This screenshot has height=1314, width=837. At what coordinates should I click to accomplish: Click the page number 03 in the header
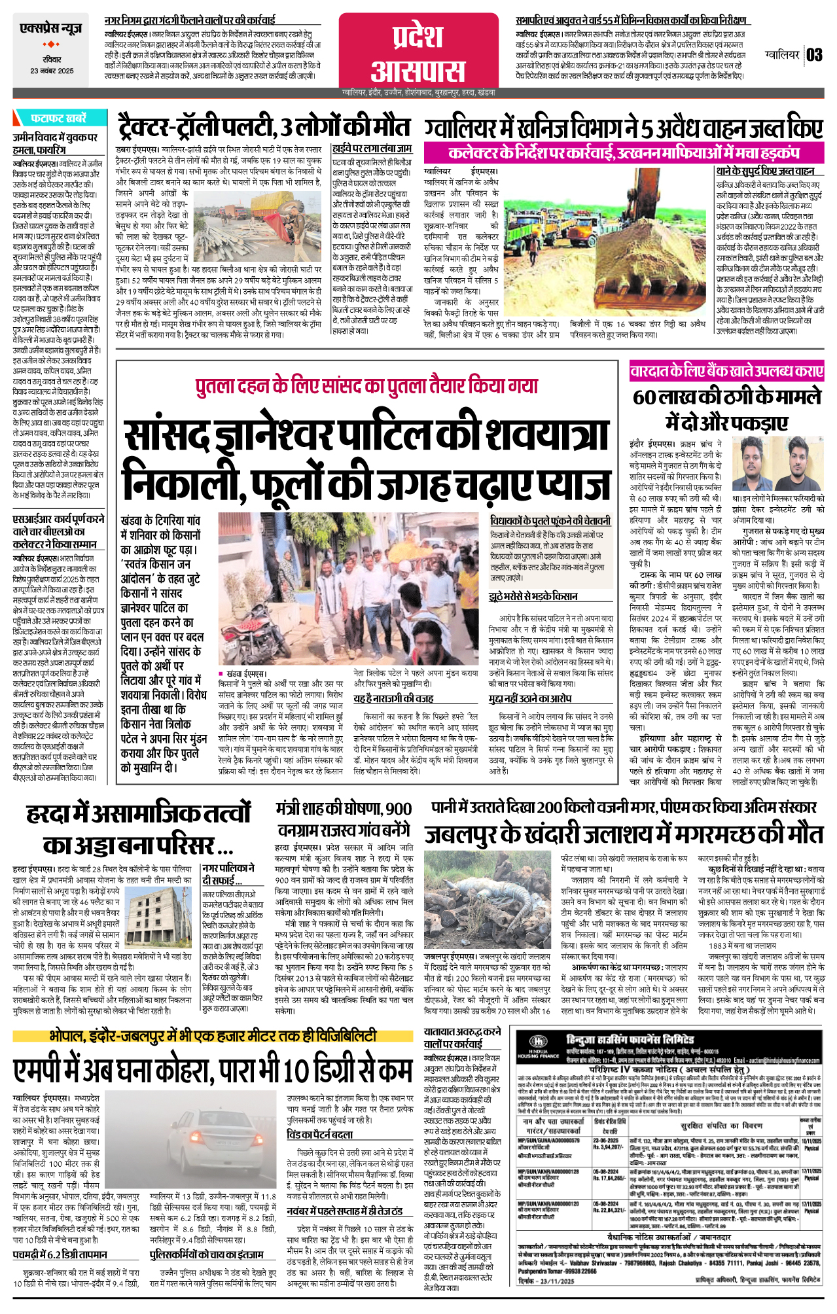[x=814, y=55]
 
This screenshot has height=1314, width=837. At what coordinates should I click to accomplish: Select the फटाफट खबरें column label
[x=58, y=118]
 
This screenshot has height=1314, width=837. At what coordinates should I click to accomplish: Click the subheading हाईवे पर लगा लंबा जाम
[x=372, y=149]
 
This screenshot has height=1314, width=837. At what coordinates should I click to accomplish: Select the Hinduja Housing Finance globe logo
[x=537, y=1041]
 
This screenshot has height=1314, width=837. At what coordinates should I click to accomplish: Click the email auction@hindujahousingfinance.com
[x=778, y=1060]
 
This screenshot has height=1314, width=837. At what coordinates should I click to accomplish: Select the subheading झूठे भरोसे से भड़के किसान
[x=533, y=596]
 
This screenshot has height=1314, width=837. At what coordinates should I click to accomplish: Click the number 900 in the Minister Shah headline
[x=398, y=809]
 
